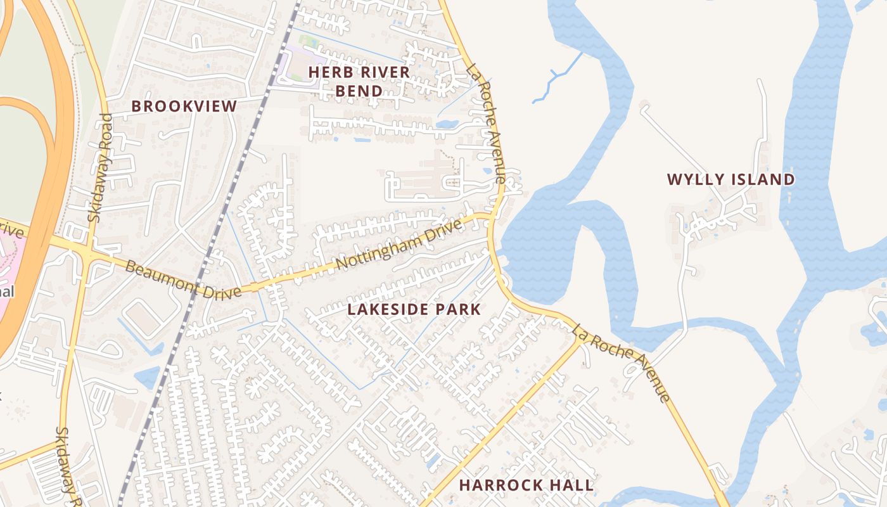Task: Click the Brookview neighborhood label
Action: pyautogui.click(x=184, y=106)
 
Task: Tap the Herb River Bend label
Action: pyautogui.click(x=359, y=82)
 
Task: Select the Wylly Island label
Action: pyautogui.click(x=731, y=179)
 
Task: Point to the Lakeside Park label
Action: pyautogui.click(x=414, y=309)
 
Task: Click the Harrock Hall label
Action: pyautogui.click(x=526, y=485)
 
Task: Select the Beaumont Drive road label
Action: pyautogui.click(x=183, y=279)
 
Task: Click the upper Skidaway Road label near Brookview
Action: pyautogui.click(x=101, y=167)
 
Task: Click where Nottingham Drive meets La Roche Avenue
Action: pyautogui.click(x=490, y=217)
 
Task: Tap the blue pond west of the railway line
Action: pyautogui.click(x=147, y=378)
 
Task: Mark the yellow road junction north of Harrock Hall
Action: pyautogui.click(x=578, y=337)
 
